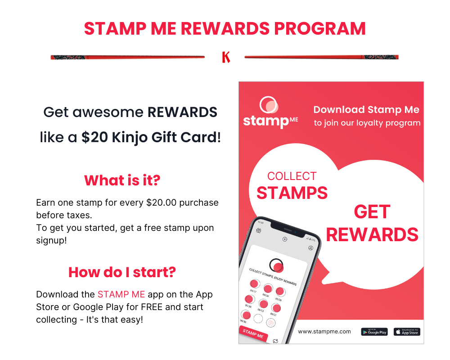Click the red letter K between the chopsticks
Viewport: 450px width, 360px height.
(x=226, y=57)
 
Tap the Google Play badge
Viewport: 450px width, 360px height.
(x=374, y=332)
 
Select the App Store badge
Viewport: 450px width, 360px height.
(x=407, y=332)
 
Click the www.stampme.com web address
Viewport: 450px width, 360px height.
(x=324, y=332)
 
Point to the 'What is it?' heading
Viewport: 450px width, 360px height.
(x=122, y=180)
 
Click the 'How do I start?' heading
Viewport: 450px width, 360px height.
(x=122, y=272)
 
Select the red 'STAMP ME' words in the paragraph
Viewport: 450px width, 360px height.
(x=121, y=294)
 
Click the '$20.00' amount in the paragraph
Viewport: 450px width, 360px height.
(x=163, y=202)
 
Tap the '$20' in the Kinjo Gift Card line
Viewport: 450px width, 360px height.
(x=91, y=137)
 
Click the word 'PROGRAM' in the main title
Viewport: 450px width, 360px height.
(x=320, y=28)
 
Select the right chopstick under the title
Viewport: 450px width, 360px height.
(x=321, y=57)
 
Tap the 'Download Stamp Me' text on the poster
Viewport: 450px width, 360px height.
(x=366, y=110)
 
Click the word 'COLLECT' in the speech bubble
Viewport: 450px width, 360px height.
(x=292, y=176)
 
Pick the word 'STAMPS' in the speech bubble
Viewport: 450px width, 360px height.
(x=292, y=193)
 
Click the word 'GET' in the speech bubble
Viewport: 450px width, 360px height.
(x=372, y=211)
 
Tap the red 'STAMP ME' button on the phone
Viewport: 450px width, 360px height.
(x=253, y=334)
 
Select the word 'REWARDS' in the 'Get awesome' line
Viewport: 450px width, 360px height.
(x=182, y=112)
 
